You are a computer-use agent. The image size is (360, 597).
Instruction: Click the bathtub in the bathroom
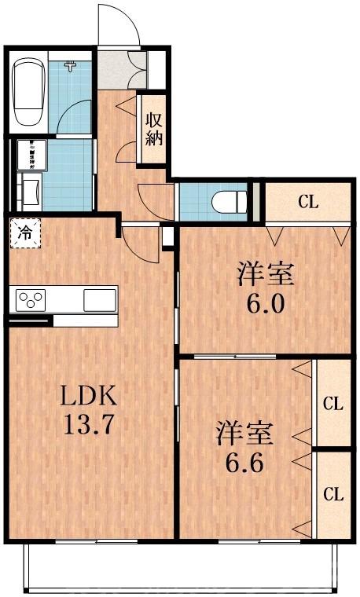(28, 93)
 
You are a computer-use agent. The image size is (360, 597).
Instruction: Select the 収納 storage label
(152, 130)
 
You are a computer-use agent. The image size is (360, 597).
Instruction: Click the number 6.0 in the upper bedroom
(266, 304)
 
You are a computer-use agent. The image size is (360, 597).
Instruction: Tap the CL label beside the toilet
(307, 201)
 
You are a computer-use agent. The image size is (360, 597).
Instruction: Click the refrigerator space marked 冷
(25, 232)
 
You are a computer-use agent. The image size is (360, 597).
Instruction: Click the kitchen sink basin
(100, 299)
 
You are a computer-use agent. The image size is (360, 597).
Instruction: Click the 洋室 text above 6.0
(266, 276)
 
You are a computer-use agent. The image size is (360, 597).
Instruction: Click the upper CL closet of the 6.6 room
(332, 404)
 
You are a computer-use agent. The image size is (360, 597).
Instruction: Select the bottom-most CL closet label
(332, 495)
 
